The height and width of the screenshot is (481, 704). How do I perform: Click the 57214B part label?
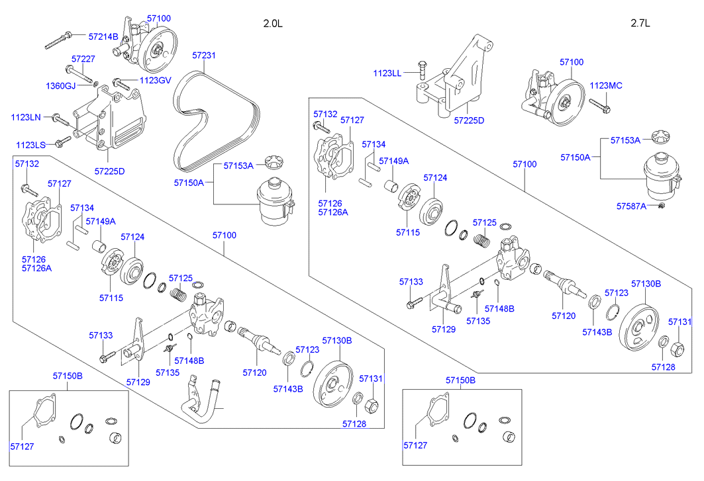point(103,36)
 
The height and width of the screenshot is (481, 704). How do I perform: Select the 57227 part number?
point(83,59)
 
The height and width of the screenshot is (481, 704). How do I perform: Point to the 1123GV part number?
point(155,81)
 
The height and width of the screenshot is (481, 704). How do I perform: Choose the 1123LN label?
point(26,117)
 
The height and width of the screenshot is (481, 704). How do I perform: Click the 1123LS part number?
point(31,144)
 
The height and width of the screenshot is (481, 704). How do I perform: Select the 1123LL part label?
point(387,73)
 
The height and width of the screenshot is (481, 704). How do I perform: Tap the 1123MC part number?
point(606,85)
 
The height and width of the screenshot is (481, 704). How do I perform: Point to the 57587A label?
point(632,206)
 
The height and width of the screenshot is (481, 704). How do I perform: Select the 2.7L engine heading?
point(640,24)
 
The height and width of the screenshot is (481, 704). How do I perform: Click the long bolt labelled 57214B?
point(62,40)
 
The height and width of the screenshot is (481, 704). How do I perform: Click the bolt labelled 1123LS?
point(64,141)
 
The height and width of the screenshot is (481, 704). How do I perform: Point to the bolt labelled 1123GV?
point(121,83)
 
